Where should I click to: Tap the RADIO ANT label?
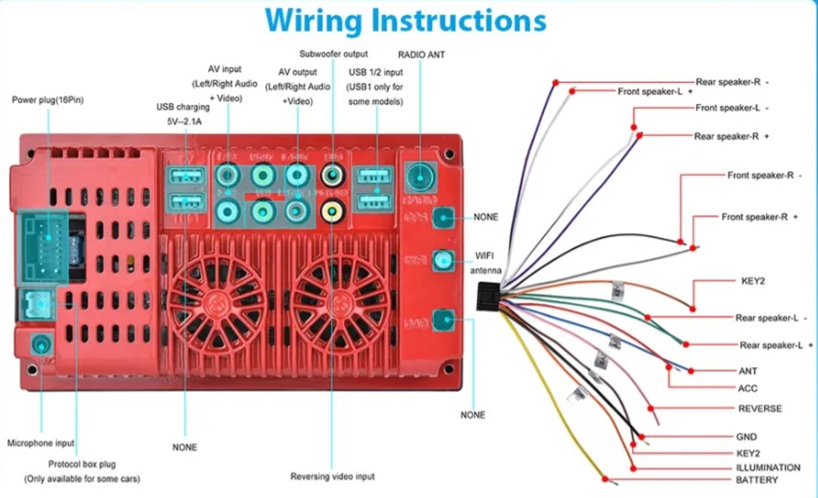(x=422, y=55)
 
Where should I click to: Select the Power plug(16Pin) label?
(x=48, y=99)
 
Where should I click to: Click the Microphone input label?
(x=41, y=443)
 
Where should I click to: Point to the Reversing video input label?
(x=332, y=477)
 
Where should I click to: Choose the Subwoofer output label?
(x=333, y=55)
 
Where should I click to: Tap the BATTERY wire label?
(x=757, y=480)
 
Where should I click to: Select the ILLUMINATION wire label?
(x=768, y=467)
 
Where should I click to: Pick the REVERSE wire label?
(x=760, y=409)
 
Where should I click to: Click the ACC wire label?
(x=747, y=388)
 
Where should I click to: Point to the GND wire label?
(x=747, y=437)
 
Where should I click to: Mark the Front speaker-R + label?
(x=760, y=217)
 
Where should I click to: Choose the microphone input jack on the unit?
(x=41, y=345)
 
